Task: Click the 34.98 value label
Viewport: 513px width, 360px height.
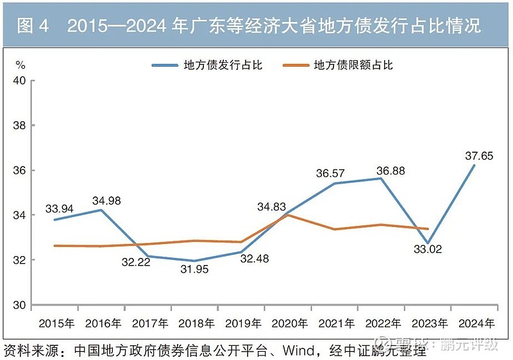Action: [107, 201]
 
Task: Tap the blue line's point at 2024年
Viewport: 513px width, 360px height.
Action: [475, 165]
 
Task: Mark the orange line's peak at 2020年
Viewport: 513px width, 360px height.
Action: [288, 215]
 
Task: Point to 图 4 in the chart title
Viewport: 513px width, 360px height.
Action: [33, 26]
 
